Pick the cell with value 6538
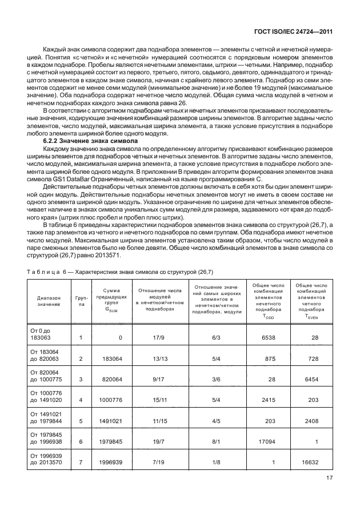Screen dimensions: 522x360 [x=269, y=338]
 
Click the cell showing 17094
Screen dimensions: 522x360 [x=267, y=441]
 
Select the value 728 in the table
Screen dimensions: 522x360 [x=311, y=358]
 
